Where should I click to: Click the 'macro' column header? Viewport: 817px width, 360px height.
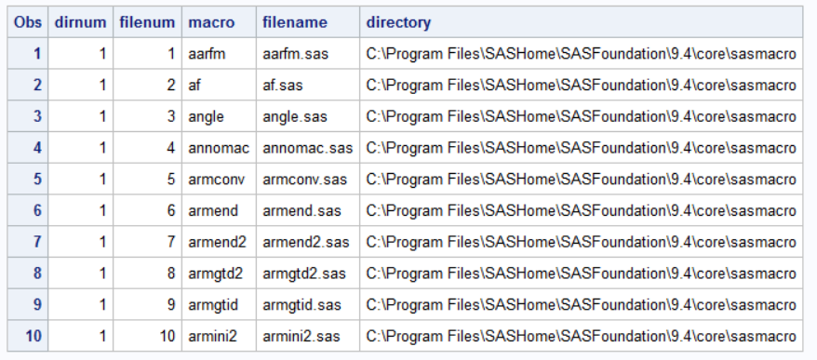click(x=211, y=21)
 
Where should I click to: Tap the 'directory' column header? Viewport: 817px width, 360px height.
click(x=398, y=21)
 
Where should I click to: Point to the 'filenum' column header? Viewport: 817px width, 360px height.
click(x=147, y=21)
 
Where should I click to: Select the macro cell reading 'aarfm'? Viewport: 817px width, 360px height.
click(x=207, y=54)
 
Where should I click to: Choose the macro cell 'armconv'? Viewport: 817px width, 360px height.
click(x=215, y=179)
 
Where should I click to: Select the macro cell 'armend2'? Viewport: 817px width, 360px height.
click(x=214, y=242)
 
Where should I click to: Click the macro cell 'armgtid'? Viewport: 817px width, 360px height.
click(x=213, y=304)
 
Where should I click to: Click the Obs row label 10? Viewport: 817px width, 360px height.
click(x=33, y=336)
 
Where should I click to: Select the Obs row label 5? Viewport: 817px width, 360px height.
click(x=36, y=179)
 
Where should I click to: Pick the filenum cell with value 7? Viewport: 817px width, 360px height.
click(x=170, y=242)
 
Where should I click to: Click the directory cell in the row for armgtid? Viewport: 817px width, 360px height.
click(x=581, y=304)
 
